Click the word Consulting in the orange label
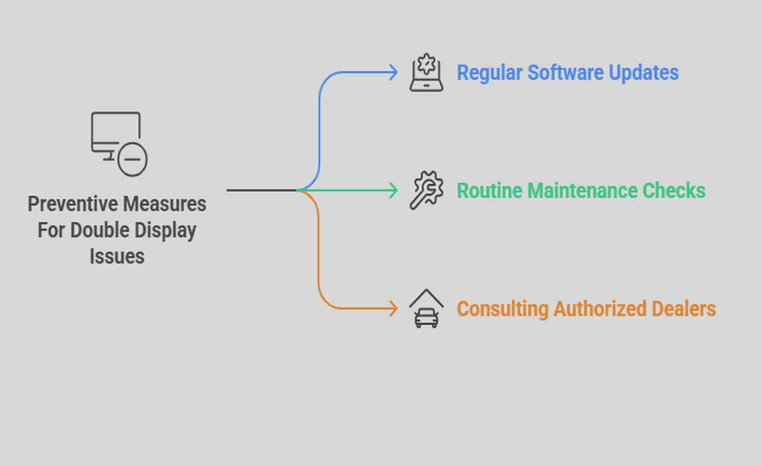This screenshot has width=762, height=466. pyautogui.click(x=503, y=309)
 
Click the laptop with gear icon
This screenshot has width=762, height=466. pyautogui.click(x=427, y=73)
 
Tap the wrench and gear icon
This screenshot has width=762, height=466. pyautogui.click(x=427, y=191)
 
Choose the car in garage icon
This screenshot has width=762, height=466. pyautogui.click(x=427, y=309)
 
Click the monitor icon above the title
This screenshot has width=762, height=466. pyautogui.click(x=116, y=136)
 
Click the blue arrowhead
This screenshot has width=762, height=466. pyautogui.click(x=394, y=73)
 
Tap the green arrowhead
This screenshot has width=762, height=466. pyautogui.click(x=394, y=191)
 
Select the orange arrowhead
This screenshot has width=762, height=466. pyautogui.click(x=394, y=308)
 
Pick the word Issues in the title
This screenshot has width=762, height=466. pyautogui.click(x=117, y=256)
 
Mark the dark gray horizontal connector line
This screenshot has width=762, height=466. pyautogui.click(x=261, y=191)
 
